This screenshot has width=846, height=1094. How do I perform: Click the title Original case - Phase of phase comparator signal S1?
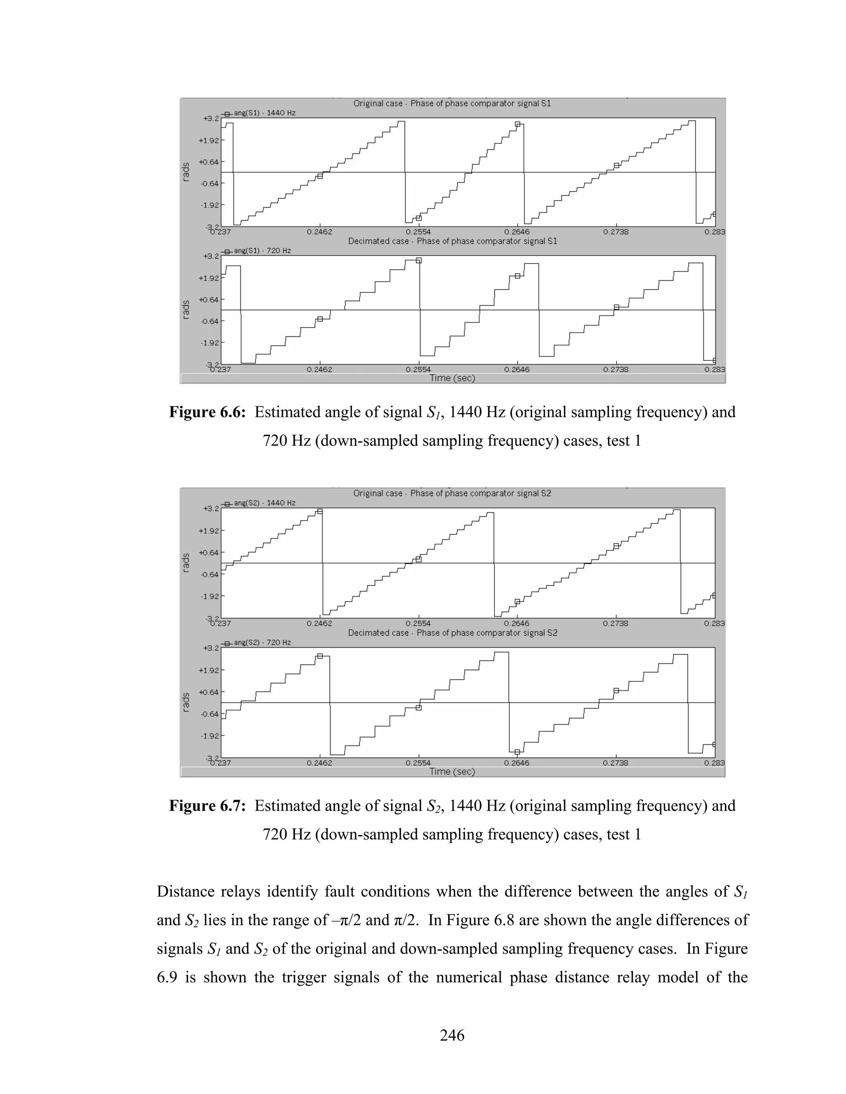(x=452, y=104)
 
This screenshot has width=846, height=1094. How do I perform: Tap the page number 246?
(x=452, y=1035)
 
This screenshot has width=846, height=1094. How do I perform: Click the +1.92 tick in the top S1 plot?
(x=209, y=141)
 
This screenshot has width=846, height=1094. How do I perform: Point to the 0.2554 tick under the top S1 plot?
(x=418, y=232)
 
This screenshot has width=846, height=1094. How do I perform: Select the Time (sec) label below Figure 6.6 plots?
(x=452, y=378)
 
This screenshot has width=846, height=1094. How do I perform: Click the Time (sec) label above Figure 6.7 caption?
(x=452, y=772)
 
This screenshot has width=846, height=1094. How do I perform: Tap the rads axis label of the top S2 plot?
(x=186, y=563)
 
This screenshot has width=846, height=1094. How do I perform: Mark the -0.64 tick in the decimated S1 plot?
(x=209, y=322)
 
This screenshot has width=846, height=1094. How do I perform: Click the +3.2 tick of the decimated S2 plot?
(x=211, y=648)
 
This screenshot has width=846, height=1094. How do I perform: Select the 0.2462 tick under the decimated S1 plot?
(x=319, y=369)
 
